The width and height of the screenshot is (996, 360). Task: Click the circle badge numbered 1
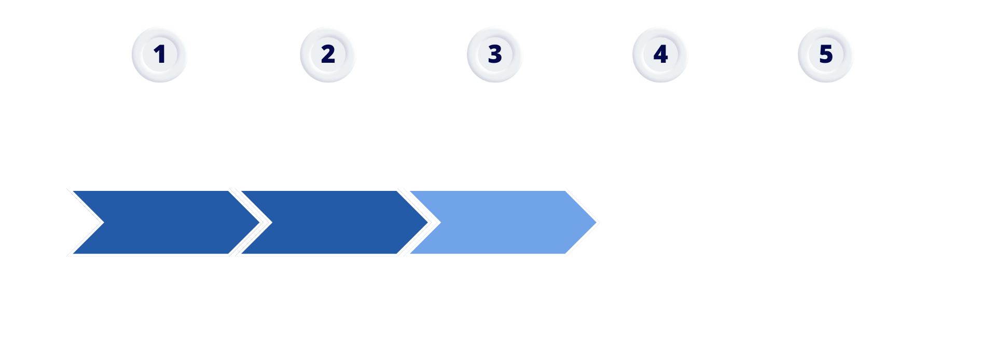(159, 54)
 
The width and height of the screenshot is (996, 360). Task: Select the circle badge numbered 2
(327, 54)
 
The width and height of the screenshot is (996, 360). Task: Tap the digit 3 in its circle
(495, 54)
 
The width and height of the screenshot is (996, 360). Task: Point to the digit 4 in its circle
(660, 54)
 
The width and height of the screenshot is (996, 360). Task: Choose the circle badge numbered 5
(825, 54)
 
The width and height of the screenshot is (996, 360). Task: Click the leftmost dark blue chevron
(166, 223)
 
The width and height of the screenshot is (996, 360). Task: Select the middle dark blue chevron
(335, 223)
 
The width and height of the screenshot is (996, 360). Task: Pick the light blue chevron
(503, 223)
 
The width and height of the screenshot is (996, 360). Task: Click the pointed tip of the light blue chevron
(597, 223)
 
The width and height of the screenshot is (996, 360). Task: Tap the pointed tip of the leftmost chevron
(259, 223)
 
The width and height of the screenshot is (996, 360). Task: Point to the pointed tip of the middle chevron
(428, 223)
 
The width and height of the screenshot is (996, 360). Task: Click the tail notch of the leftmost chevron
(104, 223)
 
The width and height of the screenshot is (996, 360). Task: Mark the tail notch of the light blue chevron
(441, 223)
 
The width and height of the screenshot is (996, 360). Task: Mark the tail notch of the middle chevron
(272, 223)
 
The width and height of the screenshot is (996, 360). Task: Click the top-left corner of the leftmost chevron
(73, 191)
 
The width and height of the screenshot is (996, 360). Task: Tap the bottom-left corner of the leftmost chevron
(73, 254)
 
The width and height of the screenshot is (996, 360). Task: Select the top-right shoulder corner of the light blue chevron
(565, 191)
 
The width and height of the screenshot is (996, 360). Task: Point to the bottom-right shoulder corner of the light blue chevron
(565, 254)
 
